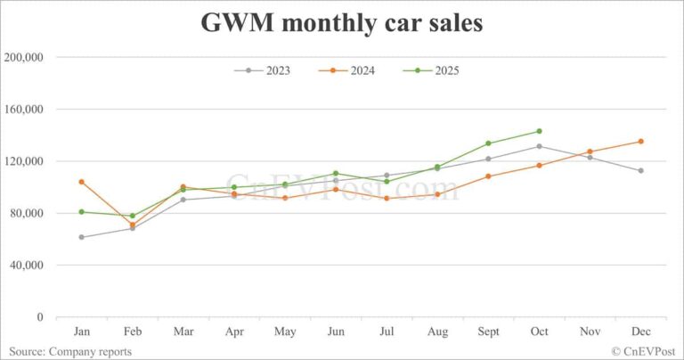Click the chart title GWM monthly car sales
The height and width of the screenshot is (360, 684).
pyautogui.click(x=342, y=23)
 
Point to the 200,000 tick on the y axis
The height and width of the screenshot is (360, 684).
pyautogui.click(x=26, y=57)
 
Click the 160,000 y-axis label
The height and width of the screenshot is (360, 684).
pyautogui.click(x=26, y=110)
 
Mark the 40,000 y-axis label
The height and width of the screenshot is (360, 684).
pyautogui.click(x=28, y=266)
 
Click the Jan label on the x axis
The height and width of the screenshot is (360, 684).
pyautogui.click(x=81, y=331)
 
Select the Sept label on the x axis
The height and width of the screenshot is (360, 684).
pyautogui.click(x=488, y=331)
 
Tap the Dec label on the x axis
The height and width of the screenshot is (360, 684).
pyautogui.click(x=640, y=331)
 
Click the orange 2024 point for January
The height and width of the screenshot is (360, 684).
pyautogui.click(x=81, y=182)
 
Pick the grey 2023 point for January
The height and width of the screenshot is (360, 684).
pyautogui.click(x=81, y=237)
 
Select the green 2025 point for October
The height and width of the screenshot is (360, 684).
pyautogui.click(x=539, y=131)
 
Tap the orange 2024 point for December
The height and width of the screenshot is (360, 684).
pyautogui.click(x=640, y=142)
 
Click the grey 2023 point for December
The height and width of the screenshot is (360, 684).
pyautogui.click(x=640, y=170)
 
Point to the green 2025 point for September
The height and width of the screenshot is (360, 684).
pyautogui.click(x=488, y=143)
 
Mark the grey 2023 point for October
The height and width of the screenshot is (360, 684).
pyautogui.click(x=539, y=146)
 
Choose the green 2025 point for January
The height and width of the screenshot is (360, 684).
pyautogui.click(x=81, y=212)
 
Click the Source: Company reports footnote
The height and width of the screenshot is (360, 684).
pyautogui.click(x=70, y=351)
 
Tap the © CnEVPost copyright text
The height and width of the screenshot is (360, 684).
pyautogui.click(x=643, y=351)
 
